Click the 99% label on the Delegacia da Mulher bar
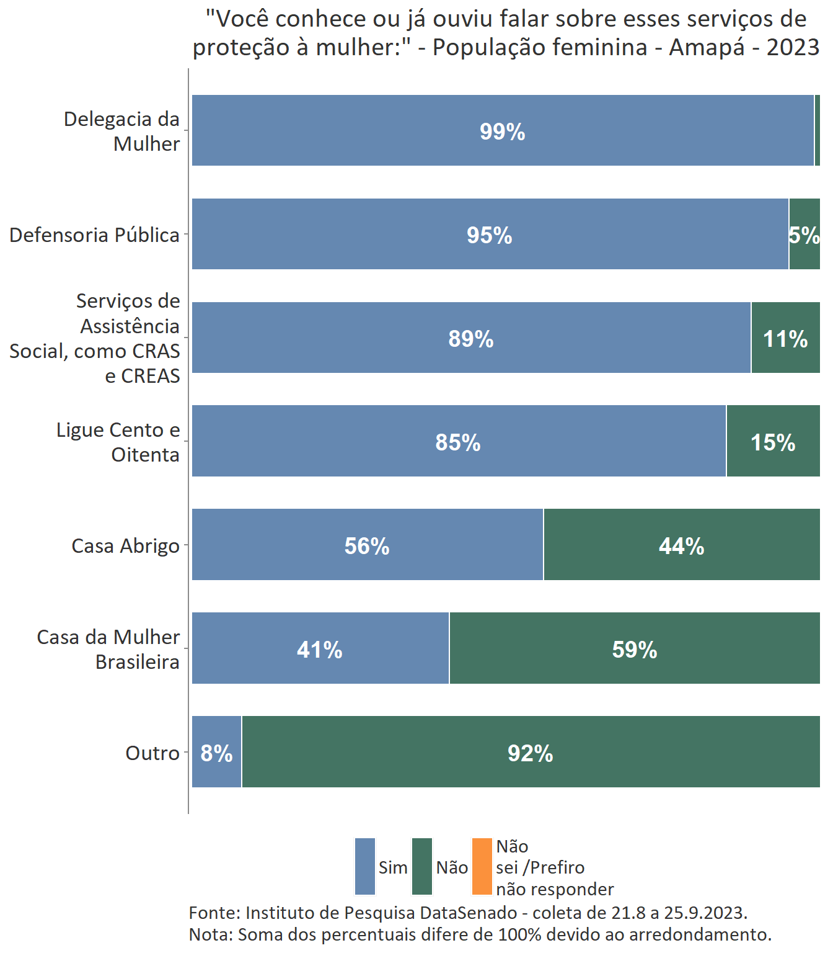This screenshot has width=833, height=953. click(x=502, y=132)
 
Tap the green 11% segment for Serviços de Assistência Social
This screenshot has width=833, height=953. click(x=785, y=339)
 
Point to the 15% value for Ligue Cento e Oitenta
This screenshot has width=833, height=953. click(x=772, y=442)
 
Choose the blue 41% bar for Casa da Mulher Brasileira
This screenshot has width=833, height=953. click(x=320, y=649)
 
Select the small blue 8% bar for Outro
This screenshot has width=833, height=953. click(x=216, y=753)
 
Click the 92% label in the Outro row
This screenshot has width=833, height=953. click(x=530, y=753)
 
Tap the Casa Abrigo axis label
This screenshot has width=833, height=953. click(x=125, y=546)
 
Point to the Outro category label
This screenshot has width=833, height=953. click(x=152, y=753)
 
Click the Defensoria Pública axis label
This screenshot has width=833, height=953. click(x=94, y=235)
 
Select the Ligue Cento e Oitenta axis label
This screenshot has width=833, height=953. click(x=118, y=442)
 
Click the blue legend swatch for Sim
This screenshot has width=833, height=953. click(x=365, y=866)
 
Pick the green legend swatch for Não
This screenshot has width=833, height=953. click(x=422, y=866)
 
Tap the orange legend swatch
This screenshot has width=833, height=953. click(x=482, y=866)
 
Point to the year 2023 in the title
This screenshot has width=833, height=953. click(x=793, y=47)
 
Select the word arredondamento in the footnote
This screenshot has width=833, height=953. click(x=700, y=934)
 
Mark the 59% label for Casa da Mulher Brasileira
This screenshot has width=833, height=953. click(x=634, y=649)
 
